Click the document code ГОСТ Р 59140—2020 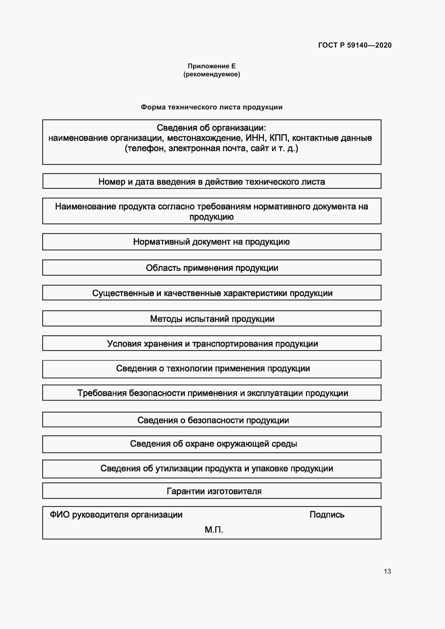(x=355, y=45)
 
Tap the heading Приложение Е (x=211, y=66)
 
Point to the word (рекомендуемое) (x=211, y=74)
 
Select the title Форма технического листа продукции (x=211, y=107)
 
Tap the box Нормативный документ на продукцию (x=211, y=242)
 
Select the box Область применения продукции (x=211, y=268)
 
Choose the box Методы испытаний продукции (x=211, y=319)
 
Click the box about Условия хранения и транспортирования (x=211, y=343)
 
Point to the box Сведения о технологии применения (x=211, y=368)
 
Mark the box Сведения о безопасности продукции (x=211, y=420)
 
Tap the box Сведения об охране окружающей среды (x=211, y=443)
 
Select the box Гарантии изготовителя (x=211, y=491)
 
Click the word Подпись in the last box (x=327, y=515)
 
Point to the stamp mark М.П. (x=214, y=530)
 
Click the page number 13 (x=387, y=571)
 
